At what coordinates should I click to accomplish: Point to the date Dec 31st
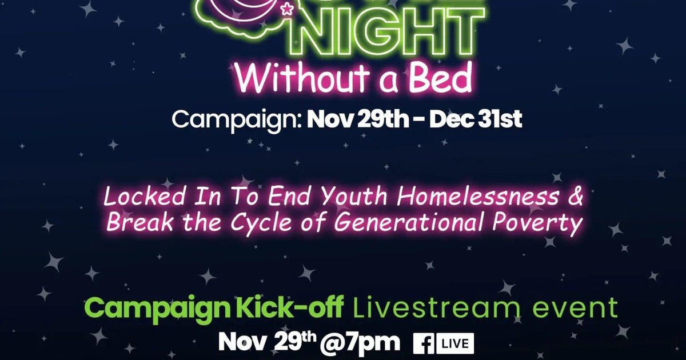476,120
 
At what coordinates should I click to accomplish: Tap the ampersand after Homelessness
576,197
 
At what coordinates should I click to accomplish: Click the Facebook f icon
425,343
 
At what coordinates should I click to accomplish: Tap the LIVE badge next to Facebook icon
456,343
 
